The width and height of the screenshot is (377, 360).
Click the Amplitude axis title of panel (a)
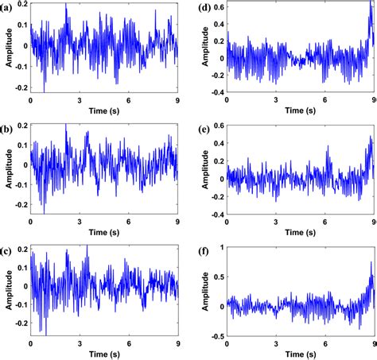coord(6,48)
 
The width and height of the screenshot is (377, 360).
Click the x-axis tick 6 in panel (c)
coord(129,345)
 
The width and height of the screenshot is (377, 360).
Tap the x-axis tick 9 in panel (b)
coord(177,223)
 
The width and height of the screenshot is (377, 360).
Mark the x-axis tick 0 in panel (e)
coord(227,223)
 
